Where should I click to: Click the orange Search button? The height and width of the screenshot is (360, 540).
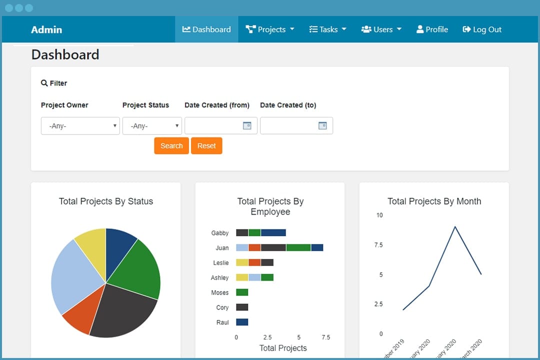[171, 146]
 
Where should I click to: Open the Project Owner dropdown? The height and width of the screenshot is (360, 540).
[80, 126]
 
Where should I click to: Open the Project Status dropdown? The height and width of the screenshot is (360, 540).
[152, 126]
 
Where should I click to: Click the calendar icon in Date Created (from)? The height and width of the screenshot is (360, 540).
[247, 126]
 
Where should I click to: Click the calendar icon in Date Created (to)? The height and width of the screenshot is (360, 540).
[322, 126]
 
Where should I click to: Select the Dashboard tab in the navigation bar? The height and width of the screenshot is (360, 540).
[206, 29]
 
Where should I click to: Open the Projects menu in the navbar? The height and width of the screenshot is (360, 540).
[270, 29]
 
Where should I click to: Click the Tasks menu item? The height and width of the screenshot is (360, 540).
[328, 29]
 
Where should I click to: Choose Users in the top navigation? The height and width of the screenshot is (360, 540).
[381, 29]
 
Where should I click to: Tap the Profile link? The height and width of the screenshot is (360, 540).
[432, 29]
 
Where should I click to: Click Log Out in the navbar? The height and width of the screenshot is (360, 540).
[482, 29]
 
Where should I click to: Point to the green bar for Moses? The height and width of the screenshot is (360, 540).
[242, 292]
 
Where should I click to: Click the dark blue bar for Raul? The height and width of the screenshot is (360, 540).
[242, 322]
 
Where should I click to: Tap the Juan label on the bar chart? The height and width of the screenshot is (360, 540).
[222, 248]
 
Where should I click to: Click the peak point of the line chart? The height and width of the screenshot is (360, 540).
[454, 226]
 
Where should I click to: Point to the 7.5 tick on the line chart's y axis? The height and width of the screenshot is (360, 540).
[379, 245]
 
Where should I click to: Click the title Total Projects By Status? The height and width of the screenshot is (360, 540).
[106, 201]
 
